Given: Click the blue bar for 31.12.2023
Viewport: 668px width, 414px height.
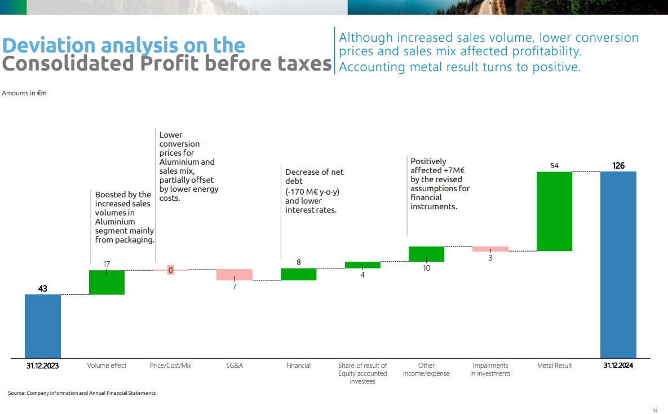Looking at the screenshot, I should [43, 326].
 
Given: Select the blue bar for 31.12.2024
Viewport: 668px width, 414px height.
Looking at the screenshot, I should [618, 265].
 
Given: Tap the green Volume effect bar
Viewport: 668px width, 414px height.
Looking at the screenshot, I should [107, 283].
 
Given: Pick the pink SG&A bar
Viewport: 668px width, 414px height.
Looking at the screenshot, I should [235, 275].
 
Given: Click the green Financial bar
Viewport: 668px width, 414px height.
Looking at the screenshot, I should [299, 274].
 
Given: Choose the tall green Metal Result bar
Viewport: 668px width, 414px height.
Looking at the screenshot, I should [554, 211].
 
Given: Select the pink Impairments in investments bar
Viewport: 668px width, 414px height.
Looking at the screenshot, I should [490, 249].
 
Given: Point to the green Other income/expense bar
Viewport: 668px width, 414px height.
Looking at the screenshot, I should [426, 254].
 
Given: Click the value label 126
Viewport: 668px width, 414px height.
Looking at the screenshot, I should [618, 166].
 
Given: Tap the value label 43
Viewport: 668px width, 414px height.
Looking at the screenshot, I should [42, 288].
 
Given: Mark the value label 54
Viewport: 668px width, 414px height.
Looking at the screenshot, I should [554, 166].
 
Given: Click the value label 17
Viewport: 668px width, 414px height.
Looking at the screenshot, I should [107, 263].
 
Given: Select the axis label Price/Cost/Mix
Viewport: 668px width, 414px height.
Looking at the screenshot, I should [171, 365].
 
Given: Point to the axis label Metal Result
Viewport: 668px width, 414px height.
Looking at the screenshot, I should [554, 365].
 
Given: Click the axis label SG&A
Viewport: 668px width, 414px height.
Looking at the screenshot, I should [235, 365].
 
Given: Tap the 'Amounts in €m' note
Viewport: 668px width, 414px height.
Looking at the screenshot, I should [24, 93].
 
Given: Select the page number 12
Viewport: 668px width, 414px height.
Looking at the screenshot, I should [655, 410].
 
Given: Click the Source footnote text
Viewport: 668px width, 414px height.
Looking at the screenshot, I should [82, 393].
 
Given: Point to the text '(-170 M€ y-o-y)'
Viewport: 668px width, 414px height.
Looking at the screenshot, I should [312, 191].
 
